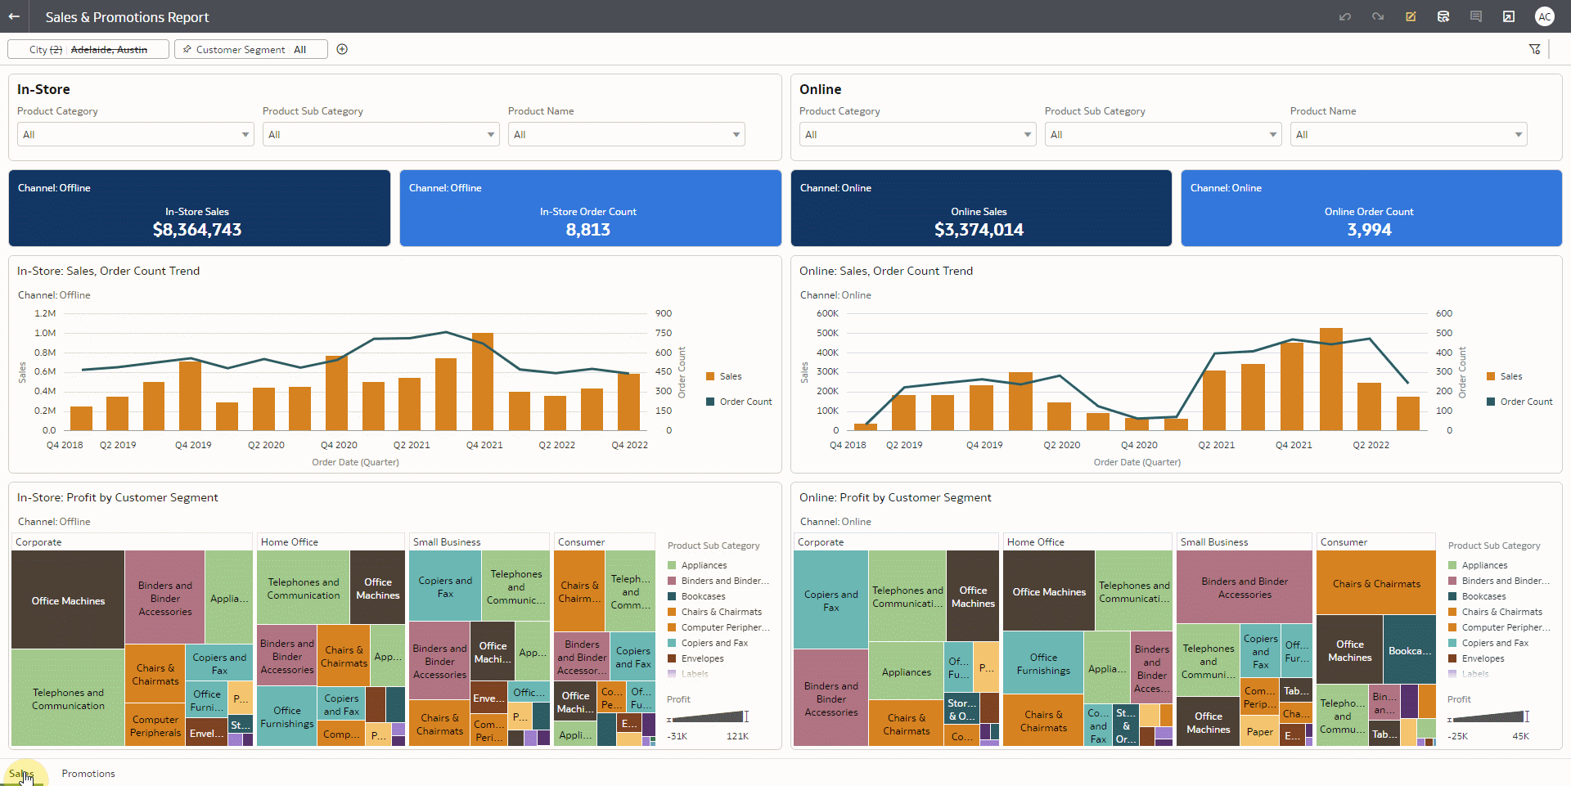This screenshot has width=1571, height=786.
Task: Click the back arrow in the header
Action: [14, 16]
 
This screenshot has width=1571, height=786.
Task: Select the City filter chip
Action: [88, 50]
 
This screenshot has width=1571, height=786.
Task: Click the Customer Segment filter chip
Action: [251, 50]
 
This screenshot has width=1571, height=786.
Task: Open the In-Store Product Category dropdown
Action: [135, 135]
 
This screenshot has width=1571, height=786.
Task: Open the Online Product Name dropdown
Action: [1408, 135]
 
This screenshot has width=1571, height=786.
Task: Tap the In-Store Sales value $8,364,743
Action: [197, 230]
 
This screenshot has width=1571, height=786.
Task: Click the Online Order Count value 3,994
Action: [1369, 230]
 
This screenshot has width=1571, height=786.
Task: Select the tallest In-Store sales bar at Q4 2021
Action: [483, 381]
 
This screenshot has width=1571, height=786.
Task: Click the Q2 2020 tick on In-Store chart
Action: [266, 445]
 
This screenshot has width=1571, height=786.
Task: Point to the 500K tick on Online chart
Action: [827, 333]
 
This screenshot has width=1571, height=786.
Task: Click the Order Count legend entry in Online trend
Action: [1525, 402]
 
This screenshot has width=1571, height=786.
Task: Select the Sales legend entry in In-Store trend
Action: [730, 376]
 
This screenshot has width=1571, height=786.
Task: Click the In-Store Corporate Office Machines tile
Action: [68, 600]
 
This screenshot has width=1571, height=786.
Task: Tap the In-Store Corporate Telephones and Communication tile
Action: [68, 698]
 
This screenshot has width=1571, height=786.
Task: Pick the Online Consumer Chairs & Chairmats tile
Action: [1375, 583]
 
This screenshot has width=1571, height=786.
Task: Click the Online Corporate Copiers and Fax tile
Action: [831, 600]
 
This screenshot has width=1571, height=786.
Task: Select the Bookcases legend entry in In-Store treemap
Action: [703, 596]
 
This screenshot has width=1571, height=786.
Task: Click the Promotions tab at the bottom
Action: [88, 774]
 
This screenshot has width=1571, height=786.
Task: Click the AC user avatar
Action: [1544, 16]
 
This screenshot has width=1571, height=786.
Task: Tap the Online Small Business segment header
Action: [1214, 542]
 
